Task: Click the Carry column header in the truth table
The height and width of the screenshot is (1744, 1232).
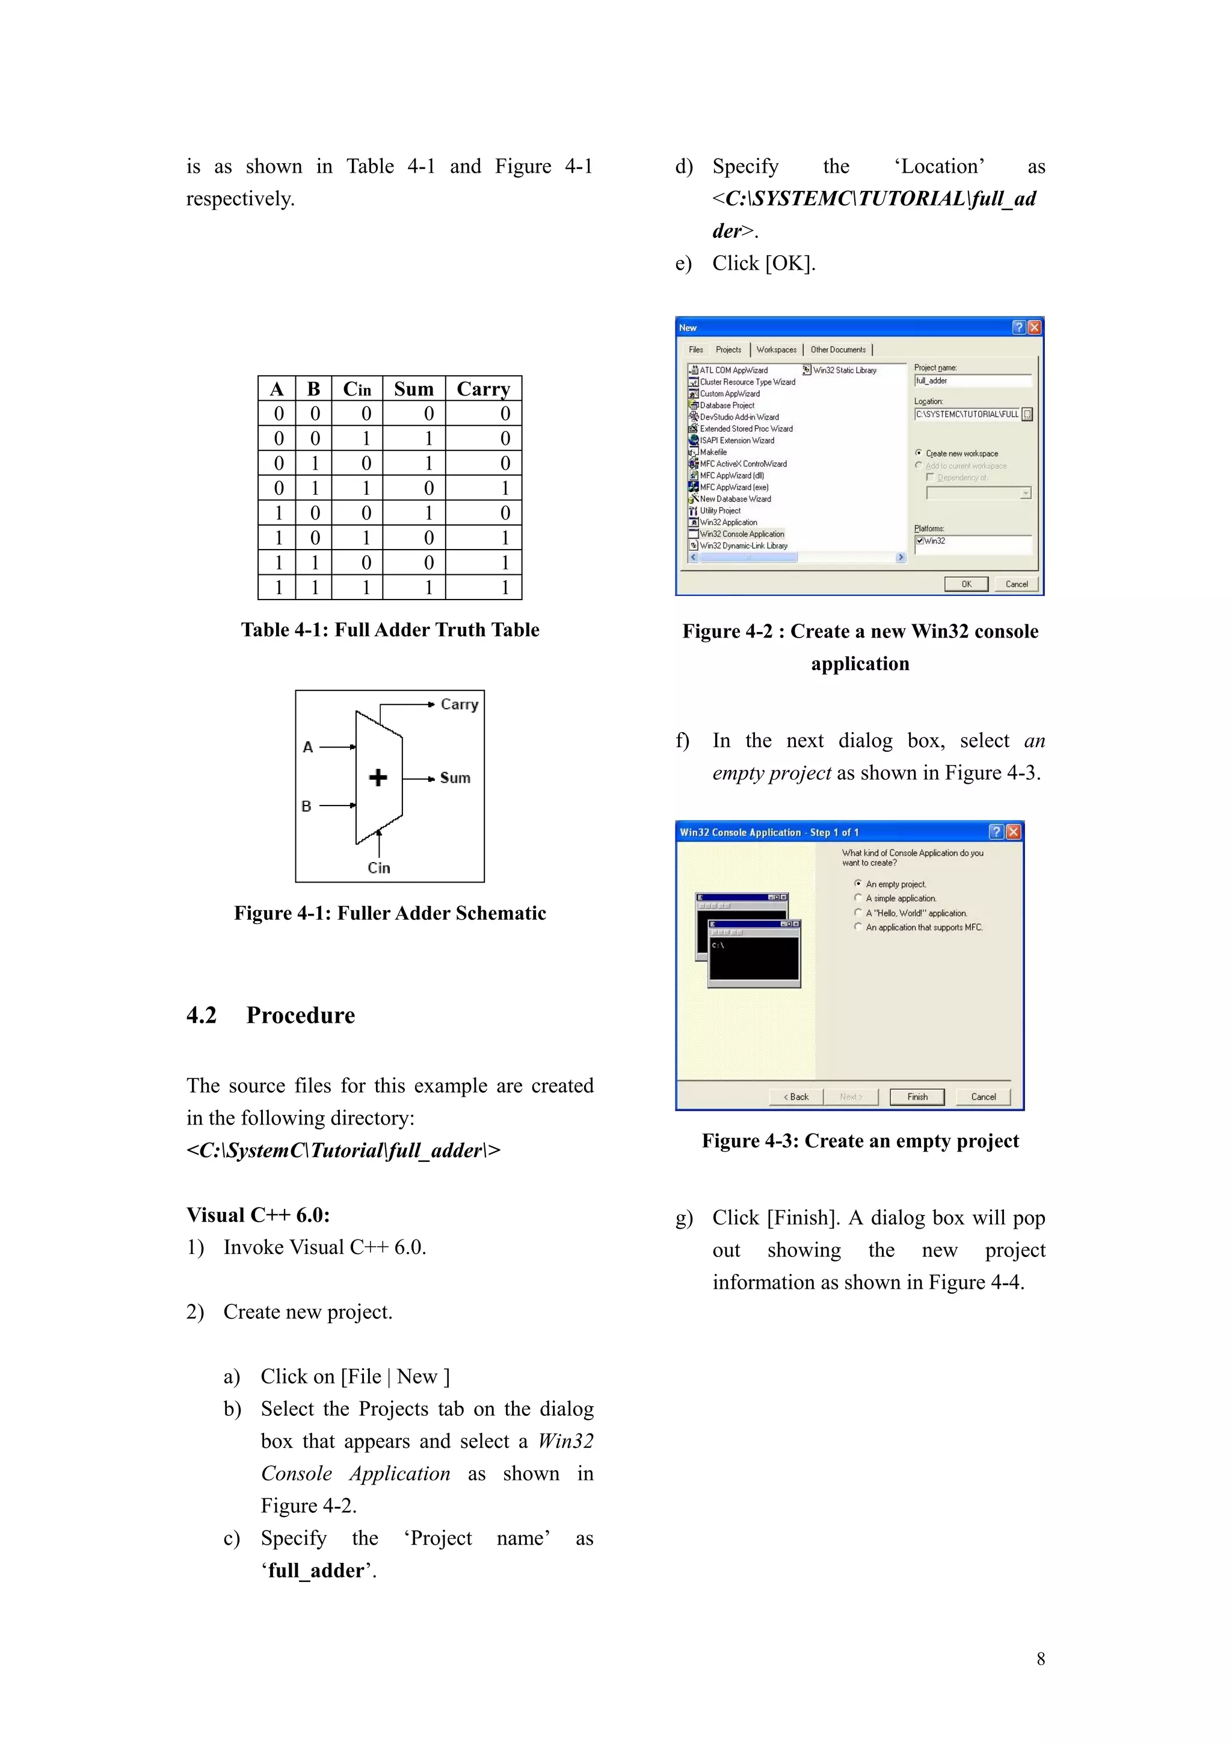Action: click(484, 389)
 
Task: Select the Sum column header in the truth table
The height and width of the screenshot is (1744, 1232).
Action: click(414, 389)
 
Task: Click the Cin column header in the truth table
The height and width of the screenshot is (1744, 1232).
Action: click(357, 389)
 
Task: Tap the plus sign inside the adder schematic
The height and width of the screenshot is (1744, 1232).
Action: click(378, 777)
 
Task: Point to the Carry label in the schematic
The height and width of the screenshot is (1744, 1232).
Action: click(459, 704)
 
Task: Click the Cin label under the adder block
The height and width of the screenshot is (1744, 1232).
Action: click(379, 867)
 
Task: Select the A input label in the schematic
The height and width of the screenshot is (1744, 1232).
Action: click(307, 746)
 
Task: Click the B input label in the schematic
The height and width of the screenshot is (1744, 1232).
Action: click(307, 806)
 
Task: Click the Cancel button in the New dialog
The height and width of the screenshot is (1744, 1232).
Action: click(1017, 584)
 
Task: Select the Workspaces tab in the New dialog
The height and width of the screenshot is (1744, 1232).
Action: click(777, 349)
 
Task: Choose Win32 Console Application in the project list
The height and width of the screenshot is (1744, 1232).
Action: click(742, 534)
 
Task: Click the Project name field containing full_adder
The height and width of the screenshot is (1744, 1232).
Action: click(972, 380)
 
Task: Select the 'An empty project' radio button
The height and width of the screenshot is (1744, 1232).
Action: click(858, 883)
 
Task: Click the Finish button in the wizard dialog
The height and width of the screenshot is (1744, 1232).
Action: click(917, 1097)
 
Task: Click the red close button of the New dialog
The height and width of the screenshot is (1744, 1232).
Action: click(1034, 327)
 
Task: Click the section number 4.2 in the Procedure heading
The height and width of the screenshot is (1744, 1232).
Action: click(201, 1016)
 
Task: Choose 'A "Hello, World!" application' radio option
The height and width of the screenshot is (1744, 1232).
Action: click(858, 912)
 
